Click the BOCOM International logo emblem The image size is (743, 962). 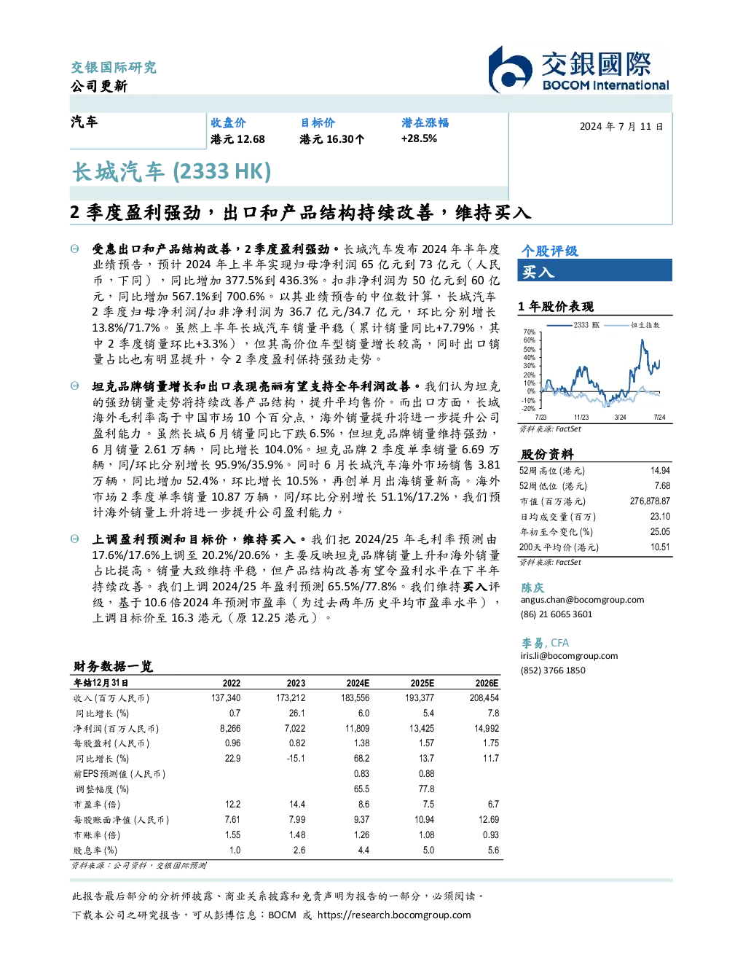[510, 70]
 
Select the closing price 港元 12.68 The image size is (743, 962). [237, 139]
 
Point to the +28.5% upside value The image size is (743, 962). [419, 138]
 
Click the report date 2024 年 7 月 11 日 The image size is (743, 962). [621, 127]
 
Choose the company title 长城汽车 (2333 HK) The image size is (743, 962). [172, 171]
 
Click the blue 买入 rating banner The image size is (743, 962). [594, 270]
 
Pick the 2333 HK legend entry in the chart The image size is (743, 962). [573, 325]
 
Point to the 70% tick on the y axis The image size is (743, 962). [530, 332]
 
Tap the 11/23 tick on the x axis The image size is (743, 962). [581, 418]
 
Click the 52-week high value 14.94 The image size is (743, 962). [660, 471]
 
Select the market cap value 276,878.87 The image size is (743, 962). [650, 501]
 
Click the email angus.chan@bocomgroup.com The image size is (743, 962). [582, 600]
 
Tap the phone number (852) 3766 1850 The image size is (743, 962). [553, 670]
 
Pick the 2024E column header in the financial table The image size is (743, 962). [358, 683]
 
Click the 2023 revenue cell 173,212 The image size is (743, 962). [291, 698]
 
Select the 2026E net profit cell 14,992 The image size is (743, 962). [487, 728]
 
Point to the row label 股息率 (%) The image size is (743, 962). [95, 850]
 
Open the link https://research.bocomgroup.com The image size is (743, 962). [394, 915]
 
